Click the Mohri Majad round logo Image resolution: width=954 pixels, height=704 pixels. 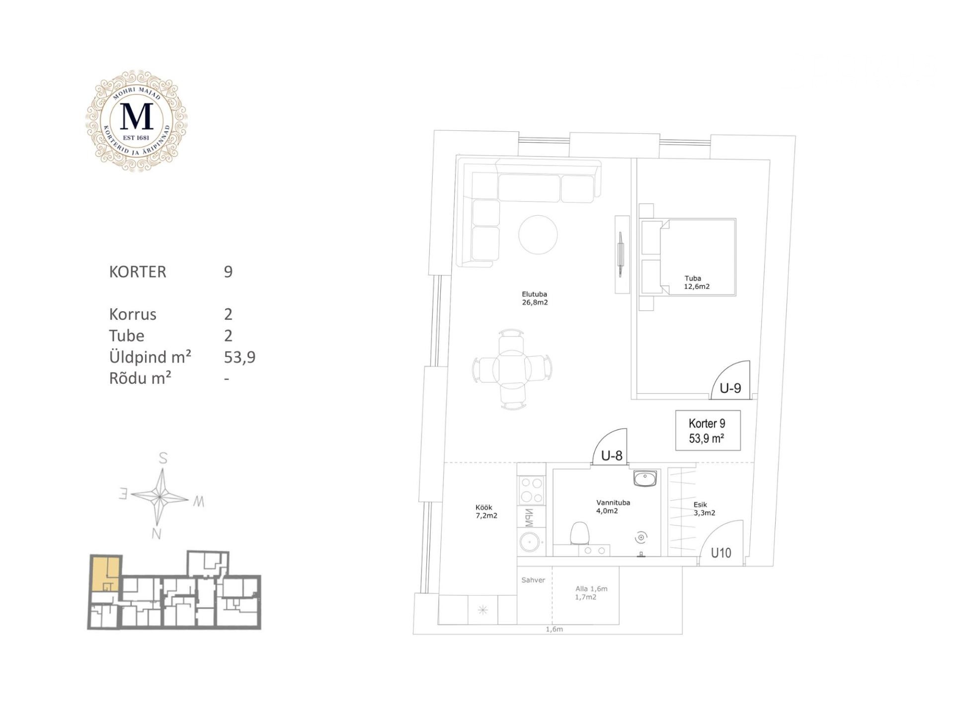pos(136,121)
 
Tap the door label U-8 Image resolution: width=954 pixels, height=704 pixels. pos(612,455)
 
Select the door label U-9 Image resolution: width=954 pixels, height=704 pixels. pos(730,388)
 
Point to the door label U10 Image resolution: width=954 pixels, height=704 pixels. pos(721,552)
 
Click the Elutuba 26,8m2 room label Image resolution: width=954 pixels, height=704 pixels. pos(535,298)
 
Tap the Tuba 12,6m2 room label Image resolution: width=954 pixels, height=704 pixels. pos(697,282)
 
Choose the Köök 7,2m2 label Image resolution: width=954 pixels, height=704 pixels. pos(486,512)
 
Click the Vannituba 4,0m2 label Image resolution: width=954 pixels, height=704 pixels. pos(613,507)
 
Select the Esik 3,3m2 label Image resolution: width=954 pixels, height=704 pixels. pos(704,509)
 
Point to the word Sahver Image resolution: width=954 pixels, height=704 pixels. pos(533,580)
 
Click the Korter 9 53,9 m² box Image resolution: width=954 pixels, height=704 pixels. pos(708,431)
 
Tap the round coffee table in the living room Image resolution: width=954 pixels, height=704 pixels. pos(538,234)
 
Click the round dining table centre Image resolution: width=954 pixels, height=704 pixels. pos(512,369)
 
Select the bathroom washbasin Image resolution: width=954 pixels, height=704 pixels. pos(645,478)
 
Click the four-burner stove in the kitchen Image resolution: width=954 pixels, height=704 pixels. pos(531,490)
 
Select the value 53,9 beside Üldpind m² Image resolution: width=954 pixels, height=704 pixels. pos(239,357)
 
